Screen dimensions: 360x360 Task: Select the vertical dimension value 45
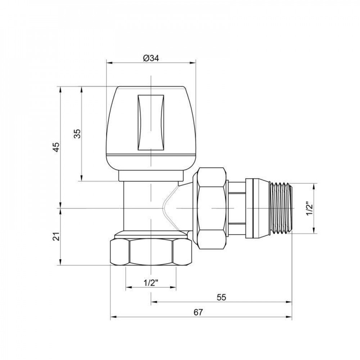pyautogui.click(x=56, y=147)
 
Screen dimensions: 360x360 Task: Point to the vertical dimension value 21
pyautogui.click(x=56, y=237)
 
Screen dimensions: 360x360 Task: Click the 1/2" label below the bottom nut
pyautogui.click(x=151, y=283)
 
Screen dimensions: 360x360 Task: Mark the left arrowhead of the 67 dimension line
pyautogui.click(x=112, y=317)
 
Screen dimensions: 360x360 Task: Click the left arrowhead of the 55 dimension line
pyautogui.click(x=153, y=302)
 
